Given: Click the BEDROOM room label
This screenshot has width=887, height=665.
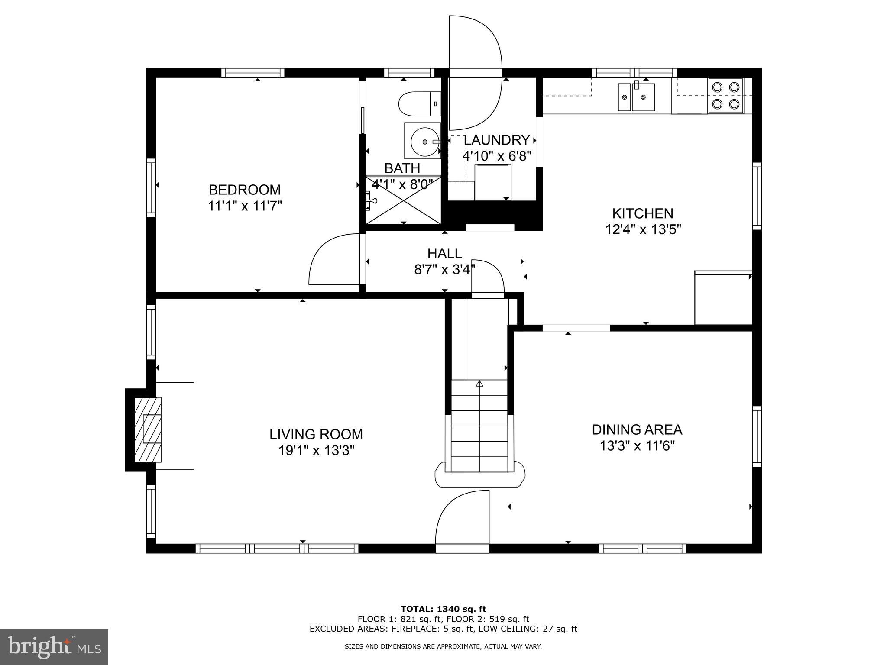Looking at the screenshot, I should pos(245,190).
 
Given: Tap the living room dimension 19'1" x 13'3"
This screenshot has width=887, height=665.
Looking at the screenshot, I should pos(316,451).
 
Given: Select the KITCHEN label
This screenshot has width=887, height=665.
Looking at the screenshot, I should pos(642,213).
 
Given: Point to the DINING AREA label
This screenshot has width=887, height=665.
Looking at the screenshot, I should pos(637,429).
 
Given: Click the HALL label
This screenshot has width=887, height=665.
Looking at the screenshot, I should pos(444,253).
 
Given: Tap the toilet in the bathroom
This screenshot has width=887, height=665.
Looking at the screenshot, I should pos(418,104).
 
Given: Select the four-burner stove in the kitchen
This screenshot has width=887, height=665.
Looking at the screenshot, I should pos(725,96).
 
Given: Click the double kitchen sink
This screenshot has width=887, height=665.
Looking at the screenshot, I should pos(636,97).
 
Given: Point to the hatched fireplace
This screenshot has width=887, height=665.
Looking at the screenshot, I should pos(148,429).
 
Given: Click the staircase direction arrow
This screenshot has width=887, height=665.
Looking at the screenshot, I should pos(479,384).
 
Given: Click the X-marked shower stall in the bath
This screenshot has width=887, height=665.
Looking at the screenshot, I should pos(403,200).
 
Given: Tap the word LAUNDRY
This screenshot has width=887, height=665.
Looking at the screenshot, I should pos(497,140).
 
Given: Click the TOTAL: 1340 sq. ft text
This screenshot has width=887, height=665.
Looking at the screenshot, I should pos(443,609).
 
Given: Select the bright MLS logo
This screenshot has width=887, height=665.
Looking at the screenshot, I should pos(54,647).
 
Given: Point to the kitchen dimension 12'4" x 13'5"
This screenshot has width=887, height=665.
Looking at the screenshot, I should pos(643,229).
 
